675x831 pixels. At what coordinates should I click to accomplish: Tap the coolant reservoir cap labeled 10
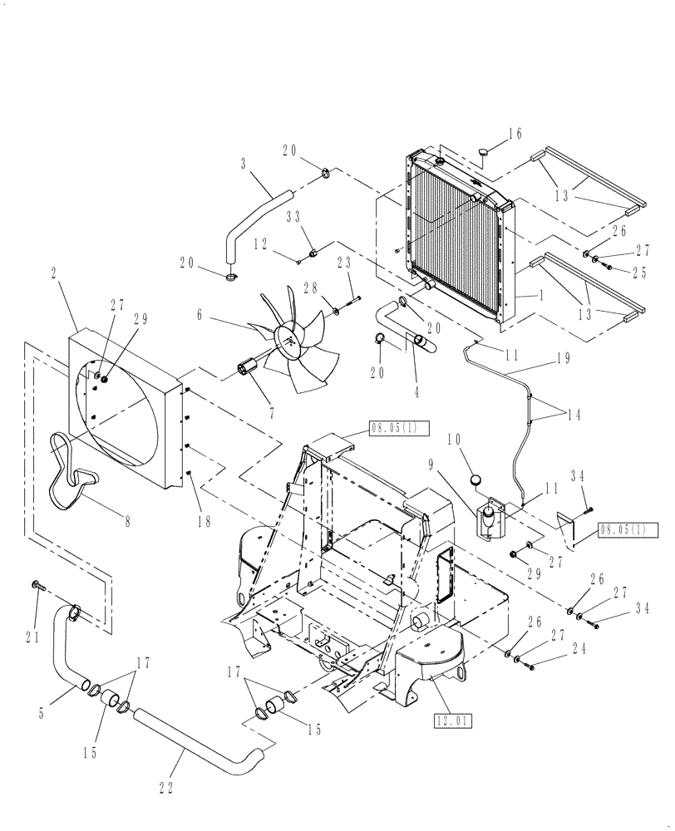click(476, 479)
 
